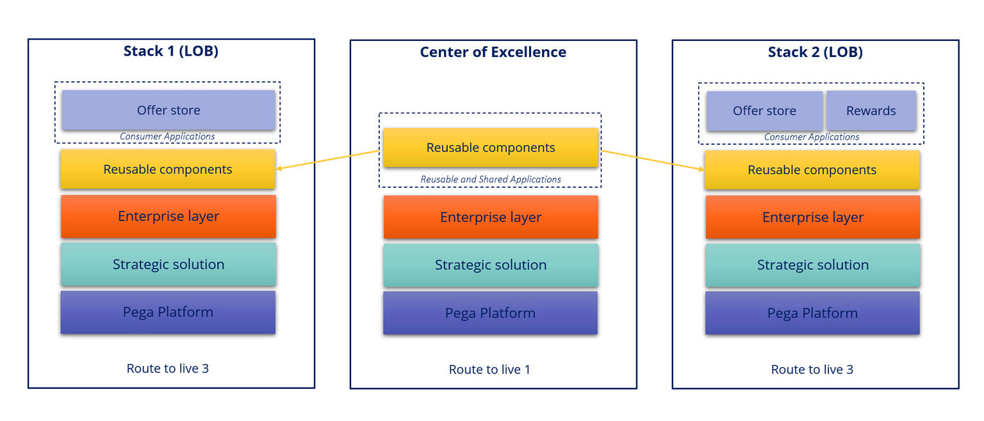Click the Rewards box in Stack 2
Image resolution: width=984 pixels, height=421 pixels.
[x=871, y=111]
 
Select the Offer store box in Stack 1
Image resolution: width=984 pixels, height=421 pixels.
[x=168, y=110]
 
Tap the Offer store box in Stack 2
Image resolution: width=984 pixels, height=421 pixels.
[x=764, y=111]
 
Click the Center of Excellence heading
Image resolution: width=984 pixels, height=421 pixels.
[x=493, y=53]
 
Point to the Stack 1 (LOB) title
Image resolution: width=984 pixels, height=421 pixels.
[x=171, y=51]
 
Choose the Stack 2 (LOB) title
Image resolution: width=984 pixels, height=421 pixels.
[x=815, y=53]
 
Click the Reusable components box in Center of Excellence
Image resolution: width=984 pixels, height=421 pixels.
[x=491, y=148]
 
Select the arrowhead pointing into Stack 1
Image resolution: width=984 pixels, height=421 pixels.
[x=280, y=169]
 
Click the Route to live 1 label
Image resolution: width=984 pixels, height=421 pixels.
[x=489, y=370]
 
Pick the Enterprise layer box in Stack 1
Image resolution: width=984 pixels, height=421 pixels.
[x=168, y=217]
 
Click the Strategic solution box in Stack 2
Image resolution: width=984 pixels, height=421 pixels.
[x=812, y=265]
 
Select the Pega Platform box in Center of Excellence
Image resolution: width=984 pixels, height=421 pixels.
[x=490, y=313]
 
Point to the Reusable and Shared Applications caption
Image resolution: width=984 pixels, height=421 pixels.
[x=490, y=179]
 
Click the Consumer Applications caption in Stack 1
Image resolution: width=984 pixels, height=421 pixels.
[x=167, y=136]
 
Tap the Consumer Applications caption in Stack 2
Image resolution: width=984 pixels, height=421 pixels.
[x=811, y=137]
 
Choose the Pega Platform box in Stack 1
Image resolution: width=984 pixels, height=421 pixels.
[x=168, y=313]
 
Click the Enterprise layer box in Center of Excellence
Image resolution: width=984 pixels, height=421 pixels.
[x=491, y=217]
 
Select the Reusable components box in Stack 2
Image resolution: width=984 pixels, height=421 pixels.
[x=812, y=170]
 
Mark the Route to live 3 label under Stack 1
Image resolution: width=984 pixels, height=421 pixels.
[x=167, y=368]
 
